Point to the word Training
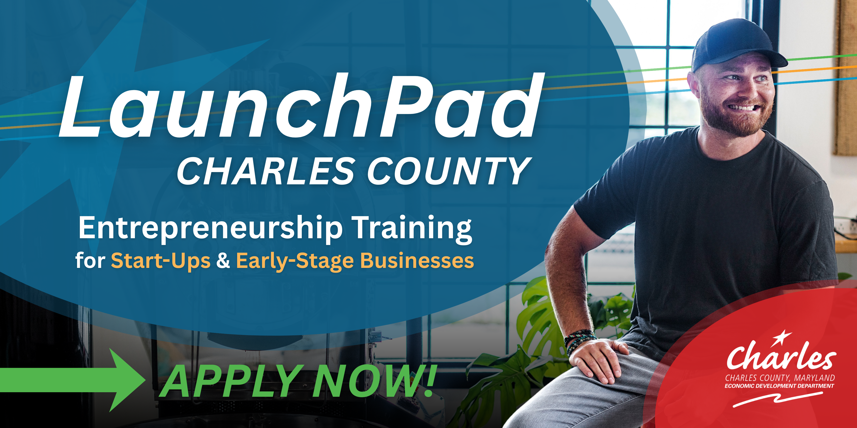[413, 229]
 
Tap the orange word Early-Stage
[295, 261]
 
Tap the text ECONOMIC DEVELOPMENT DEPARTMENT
[779, 386]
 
